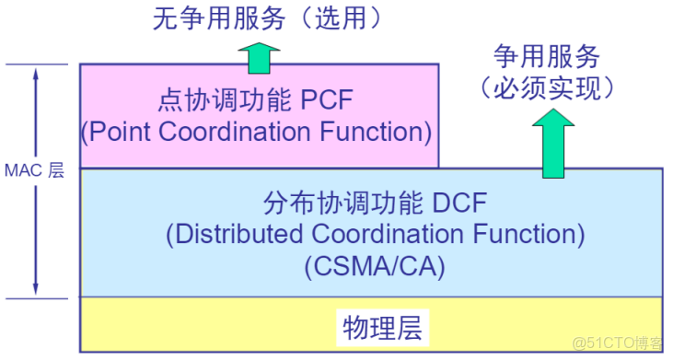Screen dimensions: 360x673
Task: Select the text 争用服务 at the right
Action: pos(547,58)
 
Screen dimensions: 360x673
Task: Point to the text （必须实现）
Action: pos(547,87)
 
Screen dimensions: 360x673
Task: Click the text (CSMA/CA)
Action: pos(374,267)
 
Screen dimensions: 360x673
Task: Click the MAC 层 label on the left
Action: pos(35,171)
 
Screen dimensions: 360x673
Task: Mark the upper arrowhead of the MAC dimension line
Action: pos(36,73)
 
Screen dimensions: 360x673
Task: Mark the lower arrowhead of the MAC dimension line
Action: pos(36,289)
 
